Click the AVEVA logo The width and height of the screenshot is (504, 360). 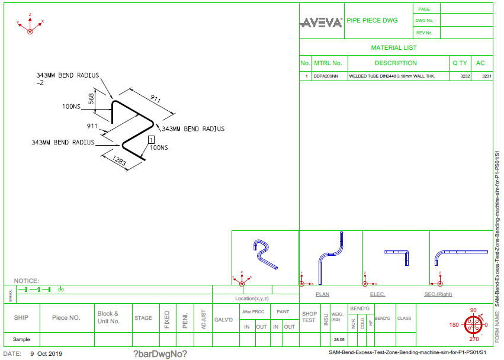(322, 22)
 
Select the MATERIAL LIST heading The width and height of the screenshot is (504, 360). (394, 47)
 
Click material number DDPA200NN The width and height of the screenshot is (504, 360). (326, 76)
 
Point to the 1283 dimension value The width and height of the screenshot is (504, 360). (118, 162)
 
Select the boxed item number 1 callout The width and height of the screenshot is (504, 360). (151, 139)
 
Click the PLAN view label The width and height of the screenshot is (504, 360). (322, 294)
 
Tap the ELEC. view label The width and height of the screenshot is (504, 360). (377, 294)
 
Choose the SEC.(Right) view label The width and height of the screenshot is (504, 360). (438, 294)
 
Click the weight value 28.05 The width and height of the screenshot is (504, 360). (339, 340)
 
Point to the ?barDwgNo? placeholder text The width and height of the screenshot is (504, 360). (160, 354)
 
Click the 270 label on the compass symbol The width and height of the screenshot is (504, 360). (473, 340)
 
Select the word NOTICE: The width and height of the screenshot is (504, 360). (27, 281)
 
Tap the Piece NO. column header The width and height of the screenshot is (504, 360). (66, 317)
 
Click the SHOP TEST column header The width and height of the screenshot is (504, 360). (309, 317)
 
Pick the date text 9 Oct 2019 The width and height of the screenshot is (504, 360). (46, 354)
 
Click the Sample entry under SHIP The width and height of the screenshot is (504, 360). (21, 340)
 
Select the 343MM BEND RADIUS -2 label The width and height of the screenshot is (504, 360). (66, 79)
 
